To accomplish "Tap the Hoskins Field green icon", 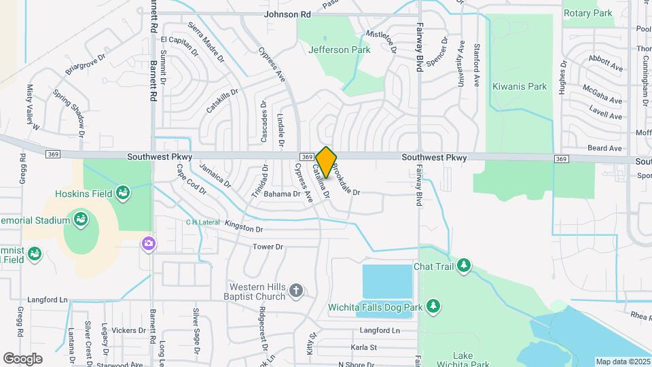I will click(x=123, y=193).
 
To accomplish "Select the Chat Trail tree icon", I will click(x=465, y=265).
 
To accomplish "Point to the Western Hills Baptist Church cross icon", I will click(x=295, y=291).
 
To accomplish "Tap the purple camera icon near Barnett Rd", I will click(x=147, y=243).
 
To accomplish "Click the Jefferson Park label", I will click(x=329, y=50).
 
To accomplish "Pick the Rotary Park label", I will click(x=587, y=13).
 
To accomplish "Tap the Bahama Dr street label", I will click(x=282, y=194).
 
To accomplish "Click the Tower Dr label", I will click(x=267, y=247).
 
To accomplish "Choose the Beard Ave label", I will click(x=604, y=148).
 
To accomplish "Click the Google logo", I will click(x=22, y=358).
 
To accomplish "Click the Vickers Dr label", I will click(x=124, y=330).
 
